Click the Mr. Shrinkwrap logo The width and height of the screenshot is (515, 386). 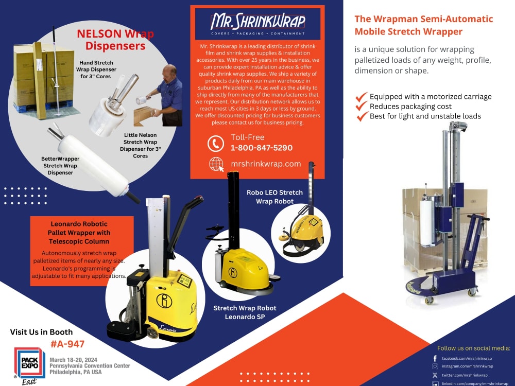(x=258, y=24)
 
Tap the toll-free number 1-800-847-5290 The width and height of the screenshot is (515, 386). (x=262, y=148)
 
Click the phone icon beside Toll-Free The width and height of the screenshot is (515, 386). (x=216, y=144)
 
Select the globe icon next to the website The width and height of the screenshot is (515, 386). (x=216, y=164)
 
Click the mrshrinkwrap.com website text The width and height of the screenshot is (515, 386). (x=266, y=164)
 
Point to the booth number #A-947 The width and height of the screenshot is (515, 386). (x=67, y=344)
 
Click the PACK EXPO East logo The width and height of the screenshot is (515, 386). (x=29, y=365)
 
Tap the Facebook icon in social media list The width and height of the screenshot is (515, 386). (x=435, y=358)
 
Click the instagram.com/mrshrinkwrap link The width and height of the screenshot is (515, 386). (x=468, y=366)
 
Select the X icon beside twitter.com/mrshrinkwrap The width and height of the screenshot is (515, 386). (x=435, y=375)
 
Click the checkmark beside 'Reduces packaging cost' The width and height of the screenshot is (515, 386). (x=361, y=106)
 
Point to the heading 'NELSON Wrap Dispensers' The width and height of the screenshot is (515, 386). (x=115, y=40)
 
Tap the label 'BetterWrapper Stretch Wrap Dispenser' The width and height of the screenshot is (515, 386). (x=60, y=165)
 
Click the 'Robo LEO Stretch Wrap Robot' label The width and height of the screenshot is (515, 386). (x=274, y=197)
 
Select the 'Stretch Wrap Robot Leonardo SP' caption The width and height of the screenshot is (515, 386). (x=245, y=312)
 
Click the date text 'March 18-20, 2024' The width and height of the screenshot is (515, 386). (x=73, y=360)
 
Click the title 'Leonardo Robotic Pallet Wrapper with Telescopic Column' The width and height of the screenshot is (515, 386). (x=79, y=233)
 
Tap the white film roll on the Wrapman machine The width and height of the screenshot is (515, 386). (x=426, y=223)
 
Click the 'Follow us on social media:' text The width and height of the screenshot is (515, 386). (x=474, y=348)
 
